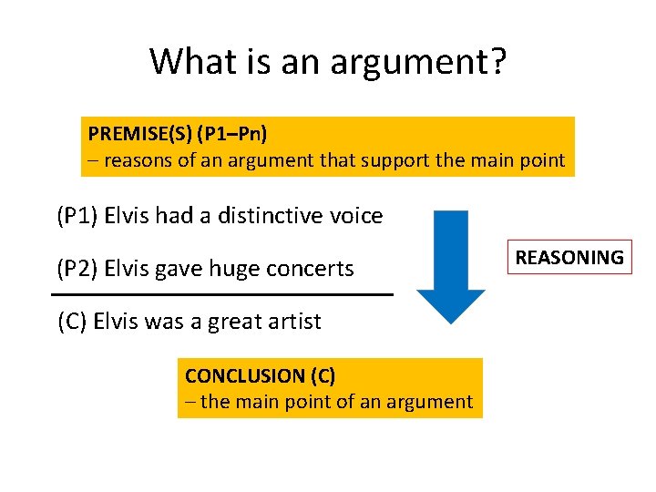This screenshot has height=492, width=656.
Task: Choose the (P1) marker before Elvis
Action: [77, 217]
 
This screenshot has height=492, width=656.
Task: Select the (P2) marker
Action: [77, 269]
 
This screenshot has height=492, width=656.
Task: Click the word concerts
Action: [308, 269]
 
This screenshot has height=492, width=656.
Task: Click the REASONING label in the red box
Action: [569, 258]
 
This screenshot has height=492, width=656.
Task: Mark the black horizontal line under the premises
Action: [222, 295]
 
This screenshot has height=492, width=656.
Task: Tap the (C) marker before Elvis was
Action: [72, 322]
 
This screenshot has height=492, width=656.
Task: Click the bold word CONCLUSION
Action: [245, 375]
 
